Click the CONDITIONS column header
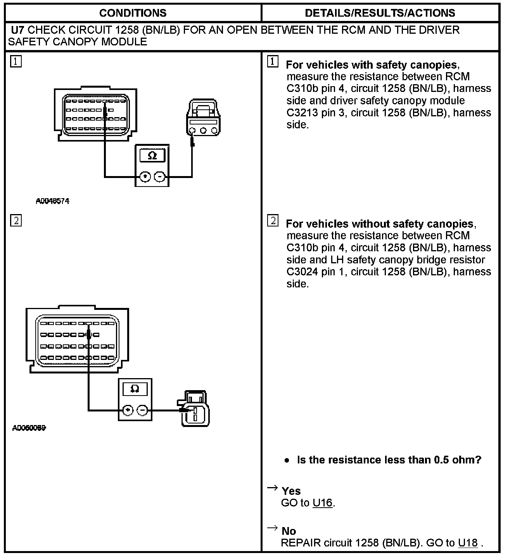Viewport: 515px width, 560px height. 133,13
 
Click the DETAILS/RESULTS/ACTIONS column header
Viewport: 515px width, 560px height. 380,13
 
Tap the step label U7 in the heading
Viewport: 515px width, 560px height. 18,30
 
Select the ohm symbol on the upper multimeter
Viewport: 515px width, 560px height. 152,156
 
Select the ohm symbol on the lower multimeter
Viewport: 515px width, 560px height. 135,389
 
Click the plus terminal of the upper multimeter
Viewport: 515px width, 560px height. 145,177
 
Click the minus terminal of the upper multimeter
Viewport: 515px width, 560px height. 159,177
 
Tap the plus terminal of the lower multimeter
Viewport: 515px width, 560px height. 128,410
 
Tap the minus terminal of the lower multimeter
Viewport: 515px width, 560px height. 142,410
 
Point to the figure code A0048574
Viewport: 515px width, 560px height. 52,201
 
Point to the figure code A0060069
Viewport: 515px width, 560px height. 29,428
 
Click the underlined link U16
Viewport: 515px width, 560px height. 323,503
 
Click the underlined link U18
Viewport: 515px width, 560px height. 468,543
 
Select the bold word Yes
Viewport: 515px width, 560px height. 291,491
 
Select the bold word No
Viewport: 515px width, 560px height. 289,531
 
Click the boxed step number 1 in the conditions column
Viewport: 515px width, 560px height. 16,61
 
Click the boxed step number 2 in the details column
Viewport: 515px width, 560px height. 273,221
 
